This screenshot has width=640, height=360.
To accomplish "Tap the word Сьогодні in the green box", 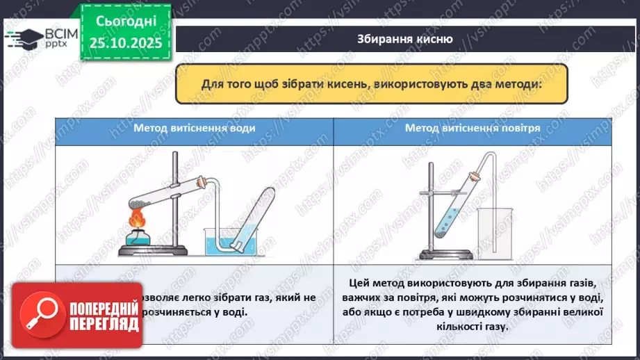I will tap(126, 23).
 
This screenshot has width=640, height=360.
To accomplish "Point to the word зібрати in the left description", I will tap(222, 297).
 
